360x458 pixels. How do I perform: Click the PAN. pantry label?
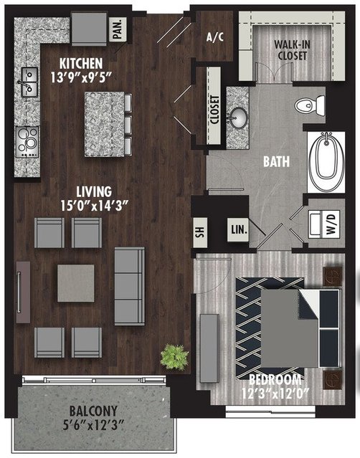pos(118,29)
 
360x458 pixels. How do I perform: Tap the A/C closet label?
pos(215,37)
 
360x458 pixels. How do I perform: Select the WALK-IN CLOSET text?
pos(292,50)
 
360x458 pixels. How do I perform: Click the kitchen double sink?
pos(29,82)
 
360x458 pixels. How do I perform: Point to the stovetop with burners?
pos(27,142)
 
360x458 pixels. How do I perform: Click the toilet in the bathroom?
pos(310,104)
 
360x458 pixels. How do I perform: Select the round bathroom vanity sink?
pos(238,118)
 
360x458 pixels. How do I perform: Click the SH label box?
pos(200,232)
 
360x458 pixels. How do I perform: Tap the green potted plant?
pos(174,357)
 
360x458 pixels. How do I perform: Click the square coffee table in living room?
pos(76,283)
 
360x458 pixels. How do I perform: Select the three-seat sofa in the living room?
pos(130,287)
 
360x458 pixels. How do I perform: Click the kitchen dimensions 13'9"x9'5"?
pos(81,77)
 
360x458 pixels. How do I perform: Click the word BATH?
pos(276,161)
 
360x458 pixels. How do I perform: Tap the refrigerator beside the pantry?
pos(89,29)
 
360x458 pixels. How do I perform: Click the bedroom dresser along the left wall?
pos(209,348)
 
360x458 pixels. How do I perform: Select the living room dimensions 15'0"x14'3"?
pos(95,206)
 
